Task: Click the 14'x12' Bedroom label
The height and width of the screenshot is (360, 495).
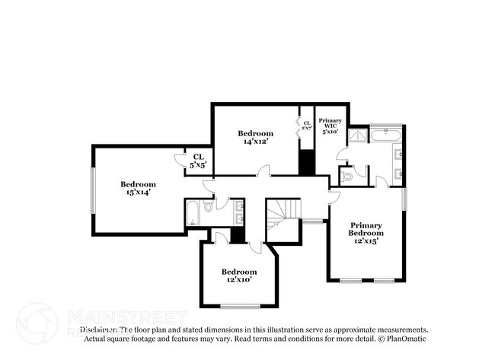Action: pyautogui.click(x=255, y=137)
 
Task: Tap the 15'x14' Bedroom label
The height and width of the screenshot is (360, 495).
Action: pyautogui.click(x=138, y=188)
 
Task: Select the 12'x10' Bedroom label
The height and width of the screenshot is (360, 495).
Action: pyautogui.click(x=239, y=276)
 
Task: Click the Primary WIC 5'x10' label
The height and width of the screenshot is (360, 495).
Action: pyautogui.click(x=330, y=126)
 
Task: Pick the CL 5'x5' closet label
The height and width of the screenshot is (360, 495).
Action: pyautogui.click(x=198, y=160)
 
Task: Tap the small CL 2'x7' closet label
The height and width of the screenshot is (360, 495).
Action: pyautogui.click(x=306, y=126)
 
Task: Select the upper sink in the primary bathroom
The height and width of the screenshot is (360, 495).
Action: pyautogui.click(x=400, y=155)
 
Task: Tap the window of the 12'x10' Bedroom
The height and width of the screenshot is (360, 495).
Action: pyautogui.click(x=238, y=305)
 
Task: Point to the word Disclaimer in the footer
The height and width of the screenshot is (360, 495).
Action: pyautogui.click(x=98, y=330)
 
